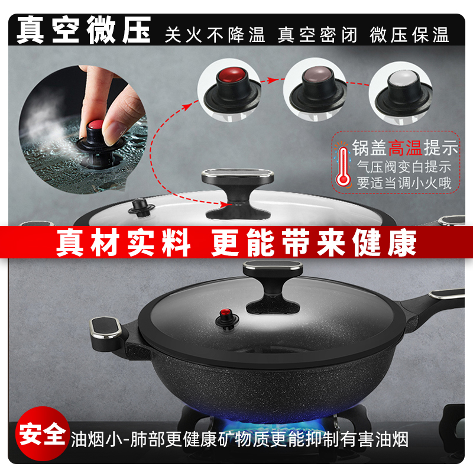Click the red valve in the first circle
pos(232,90)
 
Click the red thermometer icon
pos(343,166)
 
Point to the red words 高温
pos(405,148)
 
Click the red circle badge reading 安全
pos(43,433)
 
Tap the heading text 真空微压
pos(83,30)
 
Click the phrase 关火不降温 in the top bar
pos(215,35)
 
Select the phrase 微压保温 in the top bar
pos(409,35)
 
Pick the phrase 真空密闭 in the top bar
pos(318,35)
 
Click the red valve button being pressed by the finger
pos(96,125)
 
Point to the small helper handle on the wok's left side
pos(106,331)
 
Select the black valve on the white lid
pos(141,208)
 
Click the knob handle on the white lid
pos(238,193)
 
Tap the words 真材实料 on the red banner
pos(124,242)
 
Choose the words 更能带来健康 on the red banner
pos(314,242)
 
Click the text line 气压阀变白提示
pos(404,167)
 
